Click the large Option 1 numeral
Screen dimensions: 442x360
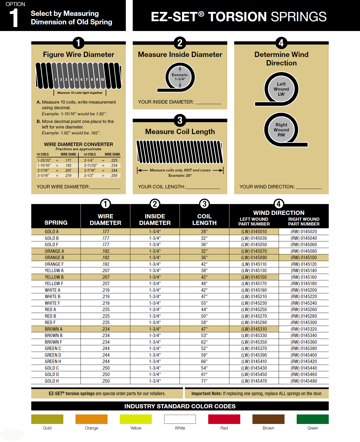(14, 18)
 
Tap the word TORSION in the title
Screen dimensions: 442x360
(237, 17)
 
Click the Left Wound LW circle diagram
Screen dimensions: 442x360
(281, 89)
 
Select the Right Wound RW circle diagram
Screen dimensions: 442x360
(281, 130)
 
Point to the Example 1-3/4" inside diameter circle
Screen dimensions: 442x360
(180, 77)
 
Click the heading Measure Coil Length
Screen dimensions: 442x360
(180, 132)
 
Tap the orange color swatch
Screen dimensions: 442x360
(91, 419)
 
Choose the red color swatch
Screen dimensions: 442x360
(224, 419)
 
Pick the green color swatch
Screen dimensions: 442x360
(313, 419)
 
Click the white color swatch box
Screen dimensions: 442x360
(180, 419)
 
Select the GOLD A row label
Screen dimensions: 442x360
(52, 232)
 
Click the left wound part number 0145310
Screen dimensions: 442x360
(254, 329)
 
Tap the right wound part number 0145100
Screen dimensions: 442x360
(304, 258)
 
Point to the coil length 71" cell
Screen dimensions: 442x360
(204, 381)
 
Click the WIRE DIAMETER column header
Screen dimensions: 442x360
(105, 220)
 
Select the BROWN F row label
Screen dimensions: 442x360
(54, 342)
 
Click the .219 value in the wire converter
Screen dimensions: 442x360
(68, 175)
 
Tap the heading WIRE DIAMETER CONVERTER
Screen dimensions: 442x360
(78, 144)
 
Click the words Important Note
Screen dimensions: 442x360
(207, 394)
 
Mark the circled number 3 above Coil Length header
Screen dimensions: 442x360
(204, 204)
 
